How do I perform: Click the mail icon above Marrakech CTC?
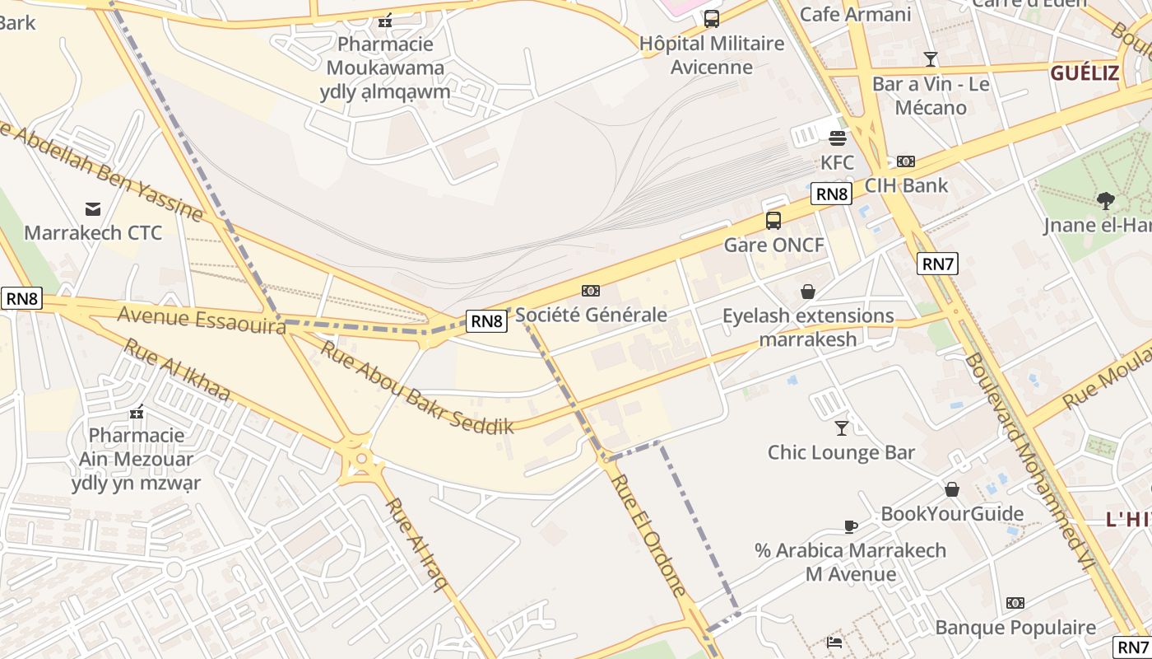(x=93, y=209)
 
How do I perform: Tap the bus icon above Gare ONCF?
(x=773, y=220)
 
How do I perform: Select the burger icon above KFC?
(x=838, y=138)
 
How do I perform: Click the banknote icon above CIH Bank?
(x=906, y=161)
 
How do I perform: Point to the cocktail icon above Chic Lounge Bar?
(x=841, y=428)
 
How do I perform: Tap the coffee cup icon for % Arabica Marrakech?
(x=851, y=526)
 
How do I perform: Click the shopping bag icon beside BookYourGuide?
(x=952, y=489)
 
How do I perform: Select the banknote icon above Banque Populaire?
(x=1015, y=603)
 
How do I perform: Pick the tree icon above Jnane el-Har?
(x=1106, y=200)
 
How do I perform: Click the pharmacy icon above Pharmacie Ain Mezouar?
(x=137, y=411)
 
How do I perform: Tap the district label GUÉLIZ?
(x=1085, y=73)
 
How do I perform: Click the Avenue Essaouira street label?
(x=201, y=320)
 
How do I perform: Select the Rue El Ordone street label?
(x=648, y=535)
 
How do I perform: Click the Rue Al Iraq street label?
(x=417, y=544)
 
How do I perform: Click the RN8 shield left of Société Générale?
(x=486, y=320)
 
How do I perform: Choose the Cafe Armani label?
(x=855, y=14)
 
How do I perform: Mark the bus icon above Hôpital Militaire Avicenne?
(x=712, y=18)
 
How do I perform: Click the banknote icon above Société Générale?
(x=591, y=291)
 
